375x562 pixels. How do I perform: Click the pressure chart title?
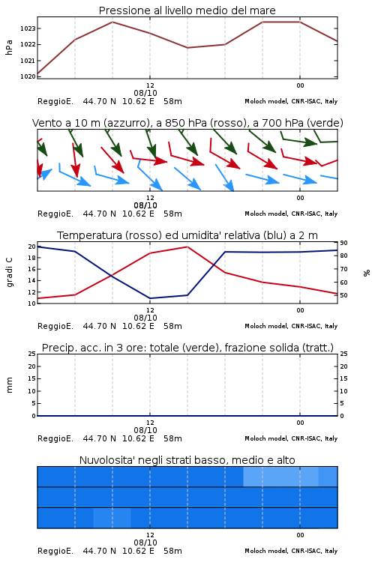[187, 10]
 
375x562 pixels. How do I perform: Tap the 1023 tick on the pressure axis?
[28, 28]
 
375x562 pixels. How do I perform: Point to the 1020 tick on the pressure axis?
[28, 76]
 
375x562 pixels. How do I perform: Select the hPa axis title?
[9, 47]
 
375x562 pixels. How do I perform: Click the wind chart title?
[187, 123]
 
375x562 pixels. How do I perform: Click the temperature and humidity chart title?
[187, 235]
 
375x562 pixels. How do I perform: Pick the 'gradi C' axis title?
[9, 273]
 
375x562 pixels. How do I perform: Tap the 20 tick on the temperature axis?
[32, 247]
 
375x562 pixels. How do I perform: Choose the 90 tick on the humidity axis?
[343, 243]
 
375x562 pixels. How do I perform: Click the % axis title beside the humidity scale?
[367, 273]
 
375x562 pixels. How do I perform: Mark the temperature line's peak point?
[187, 247]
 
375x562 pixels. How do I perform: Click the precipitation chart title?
[187, 348]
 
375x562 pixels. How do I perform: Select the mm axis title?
[9, 385]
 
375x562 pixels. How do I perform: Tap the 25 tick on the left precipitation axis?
[32, 354]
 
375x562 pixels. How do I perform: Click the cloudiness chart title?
[187, 460]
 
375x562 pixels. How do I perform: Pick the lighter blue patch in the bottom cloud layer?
[112, 518]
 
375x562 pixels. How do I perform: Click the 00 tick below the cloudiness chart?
[300, 535]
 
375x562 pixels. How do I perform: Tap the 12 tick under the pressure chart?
[150, 85]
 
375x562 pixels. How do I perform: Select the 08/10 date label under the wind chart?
[145, 205]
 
